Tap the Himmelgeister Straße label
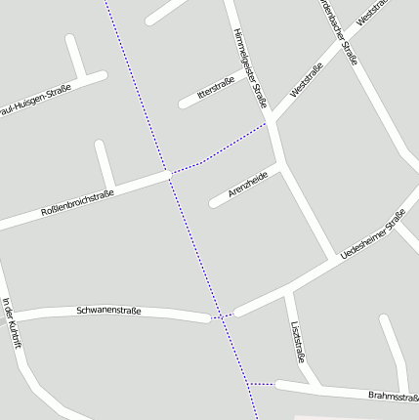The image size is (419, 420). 250,66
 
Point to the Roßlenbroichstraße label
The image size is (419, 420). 77,203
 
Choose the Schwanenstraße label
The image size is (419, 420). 108,311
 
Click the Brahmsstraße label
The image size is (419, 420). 394,396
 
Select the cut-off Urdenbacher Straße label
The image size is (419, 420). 339,29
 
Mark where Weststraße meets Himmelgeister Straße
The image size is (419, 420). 271,121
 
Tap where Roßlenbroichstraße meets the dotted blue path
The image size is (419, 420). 170,174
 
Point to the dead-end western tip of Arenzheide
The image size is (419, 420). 213,203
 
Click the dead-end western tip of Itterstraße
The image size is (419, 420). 183,103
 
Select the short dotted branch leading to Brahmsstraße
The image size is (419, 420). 263,384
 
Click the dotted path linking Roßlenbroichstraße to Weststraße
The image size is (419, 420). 221,149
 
